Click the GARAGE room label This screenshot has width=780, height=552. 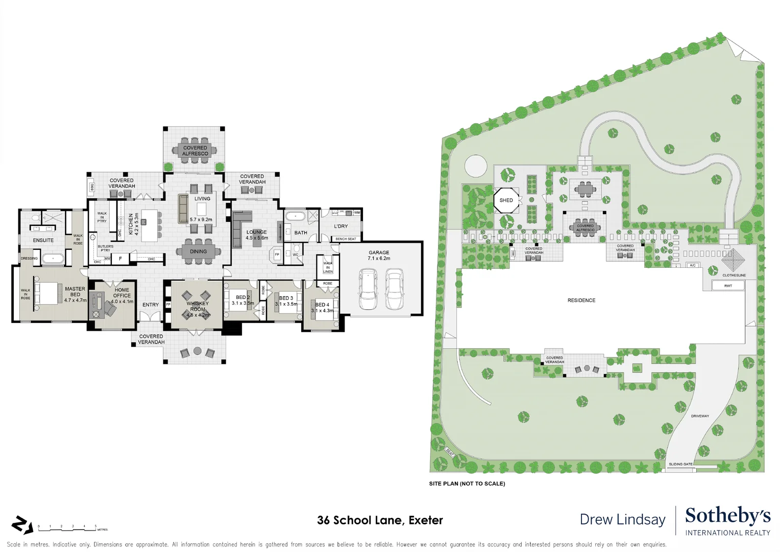[x=379, y=252]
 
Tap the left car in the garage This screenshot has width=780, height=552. [x=368, y=290]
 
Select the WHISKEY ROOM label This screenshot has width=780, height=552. [x=198, y=306]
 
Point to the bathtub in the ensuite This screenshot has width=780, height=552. [x=53, y=259]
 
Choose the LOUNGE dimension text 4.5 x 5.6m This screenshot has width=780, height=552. [x=257, y=238]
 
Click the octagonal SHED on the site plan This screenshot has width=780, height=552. [x=506, y=200]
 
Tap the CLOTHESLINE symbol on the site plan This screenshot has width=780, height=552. [x=734, y=260]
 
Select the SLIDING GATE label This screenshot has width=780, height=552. [x=680, y=464]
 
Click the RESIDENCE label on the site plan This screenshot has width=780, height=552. [x=581, y=301]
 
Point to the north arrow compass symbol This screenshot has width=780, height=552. [x=22, y=525]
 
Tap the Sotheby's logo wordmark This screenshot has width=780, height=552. [x=727, y=516]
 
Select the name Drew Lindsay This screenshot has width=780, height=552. [x=622, y=520]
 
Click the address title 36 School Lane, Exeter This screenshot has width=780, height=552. [x=380, y=520]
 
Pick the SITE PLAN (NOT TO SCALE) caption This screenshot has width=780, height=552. [x=467, y=484]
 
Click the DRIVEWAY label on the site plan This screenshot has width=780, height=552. [x=700, y=416]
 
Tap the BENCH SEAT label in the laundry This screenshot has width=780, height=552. [x=346, y=239]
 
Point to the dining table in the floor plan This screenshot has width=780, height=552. [x=199, y=251]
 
